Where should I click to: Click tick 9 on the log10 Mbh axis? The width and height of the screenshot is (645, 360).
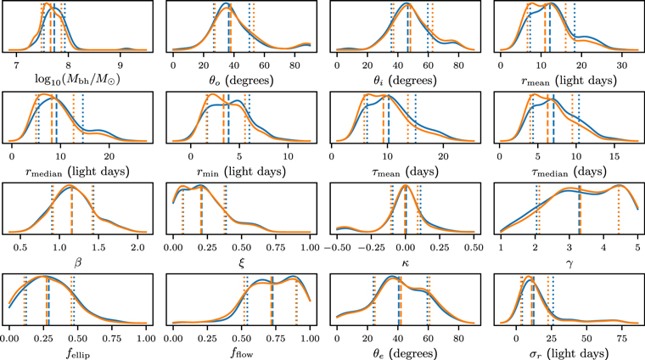pyautogui.click(x=121, y=65)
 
